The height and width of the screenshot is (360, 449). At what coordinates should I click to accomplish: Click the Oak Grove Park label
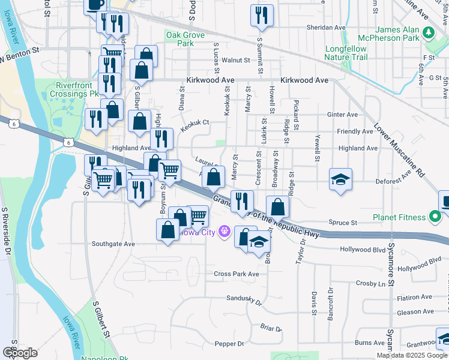pos(181,40)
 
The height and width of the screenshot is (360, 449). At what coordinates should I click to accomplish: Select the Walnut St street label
pos(235,60)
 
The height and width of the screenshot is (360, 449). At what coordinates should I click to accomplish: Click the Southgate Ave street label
pos(113,244)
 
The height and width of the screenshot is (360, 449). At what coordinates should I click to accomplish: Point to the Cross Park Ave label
pos(237,274)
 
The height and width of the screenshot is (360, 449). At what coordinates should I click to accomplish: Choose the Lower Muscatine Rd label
pos(399,151)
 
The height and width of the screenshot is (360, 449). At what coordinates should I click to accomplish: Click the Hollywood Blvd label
pos(362,249)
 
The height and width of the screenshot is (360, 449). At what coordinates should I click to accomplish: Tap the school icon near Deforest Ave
pos(340,179)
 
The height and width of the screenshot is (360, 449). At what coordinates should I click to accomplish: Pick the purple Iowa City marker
pos(225,230)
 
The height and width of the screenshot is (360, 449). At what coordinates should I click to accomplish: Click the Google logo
pos(19,352)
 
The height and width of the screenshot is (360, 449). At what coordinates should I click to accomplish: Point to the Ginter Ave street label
pos(342,115)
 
